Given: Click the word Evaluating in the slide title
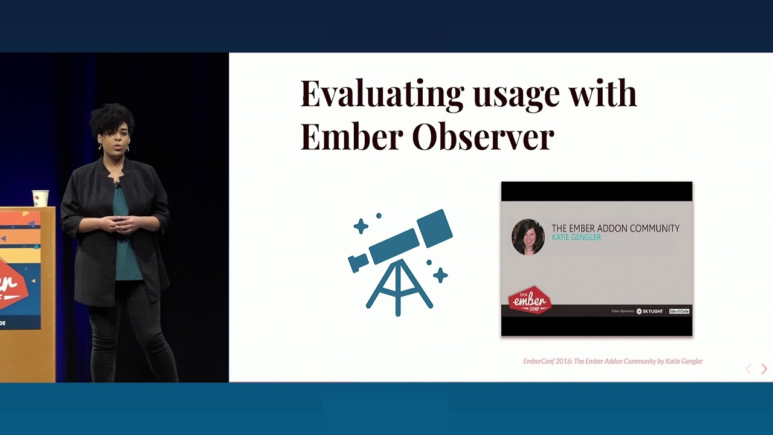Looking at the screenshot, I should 382,94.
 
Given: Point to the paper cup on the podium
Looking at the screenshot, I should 40,198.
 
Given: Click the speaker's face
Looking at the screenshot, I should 117,137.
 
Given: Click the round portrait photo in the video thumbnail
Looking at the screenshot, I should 528,236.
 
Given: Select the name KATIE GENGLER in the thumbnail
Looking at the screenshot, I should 576,238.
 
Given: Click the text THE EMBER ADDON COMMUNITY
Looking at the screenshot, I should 615,228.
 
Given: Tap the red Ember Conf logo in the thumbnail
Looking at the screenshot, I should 530,300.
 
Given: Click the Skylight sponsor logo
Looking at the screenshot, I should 650,311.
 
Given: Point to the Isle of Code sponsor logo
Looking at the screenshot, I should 679,311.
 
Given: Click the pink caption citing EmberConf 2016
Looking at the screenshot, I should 612,361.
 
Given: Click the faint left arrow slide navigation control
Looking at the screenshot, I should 748,369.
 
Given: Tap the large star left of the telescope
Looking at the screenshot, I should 361,226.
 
